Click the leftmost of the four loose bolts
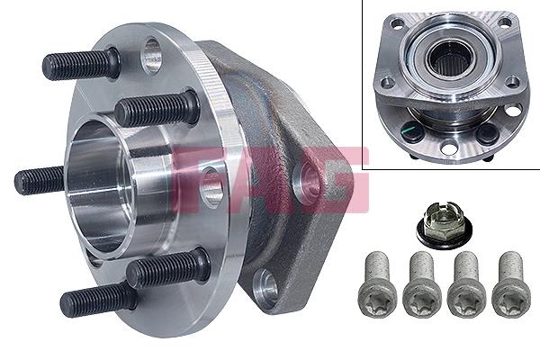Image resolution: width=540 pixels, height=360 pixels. pos(376,283)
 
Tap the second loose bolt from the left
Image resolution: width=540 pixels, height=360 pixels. pos(421,283)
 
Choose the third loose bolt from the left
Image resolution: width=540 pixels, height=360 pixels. pos(465,283)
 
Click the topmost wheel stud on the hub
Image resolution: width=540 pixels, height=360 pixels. pos(81,65)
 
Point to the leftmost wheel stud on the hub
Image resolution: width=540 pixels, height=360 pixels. pos(40,180)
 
